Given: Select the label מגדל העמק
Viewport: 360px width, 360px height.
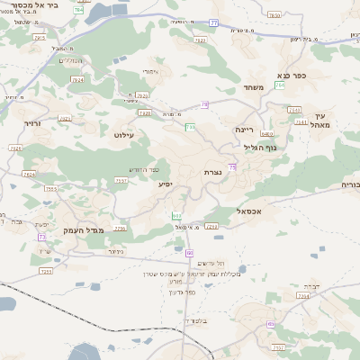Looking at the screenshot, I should click(85, 230).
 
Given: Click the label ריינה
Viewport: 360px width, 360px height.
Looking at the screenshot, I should click(246, 129).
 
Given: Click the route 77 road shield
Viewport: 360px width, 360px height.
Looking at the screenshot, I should click(213, 22).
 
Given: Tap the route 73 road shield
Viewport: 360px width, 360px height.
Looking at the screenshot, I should click(41, 237).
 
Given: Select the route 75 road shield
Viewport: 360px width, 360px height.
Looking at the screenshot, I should click(233, 167).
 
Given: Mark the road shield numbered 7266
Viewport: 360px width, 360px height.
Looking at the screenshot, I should click(212, 226).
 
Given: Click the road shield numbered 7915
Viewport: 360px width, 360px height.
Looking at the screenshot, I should click(39, 38).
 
